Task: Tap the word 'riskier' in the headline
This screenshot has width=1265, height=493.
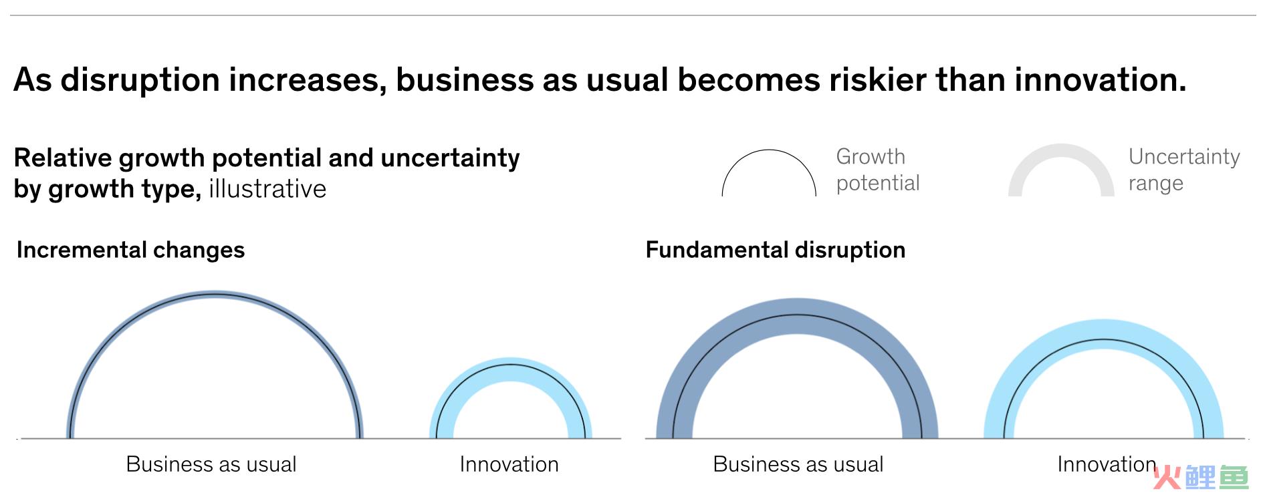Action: (877, 79)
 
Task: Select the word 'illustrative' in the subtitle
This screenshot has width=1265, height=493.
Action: (267, 189)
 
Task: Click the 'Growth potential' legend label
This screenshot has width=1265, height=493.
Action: (878, 170)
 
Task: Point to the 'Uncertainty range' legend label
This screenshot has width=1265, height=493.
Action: (1184, 170)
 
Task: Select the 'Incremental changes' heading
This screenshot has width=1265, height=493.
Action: (130, 250)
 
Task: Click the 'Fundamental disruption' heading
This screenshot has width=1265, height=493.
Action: (776, 250)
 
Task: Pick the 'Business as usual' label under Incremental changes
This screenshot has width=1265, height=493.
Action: (211, 464)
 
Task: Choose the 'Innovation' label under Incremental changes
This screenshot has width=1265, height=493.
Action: (509, 464)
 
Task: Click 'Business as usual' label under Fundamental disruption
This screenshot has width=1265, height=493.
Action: (798, 464)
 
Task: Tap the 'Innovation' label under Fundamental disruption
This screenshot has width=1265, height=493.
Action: (1107, 464)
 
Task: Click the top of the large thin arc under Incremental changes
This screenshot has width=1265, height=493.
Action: (215, 293)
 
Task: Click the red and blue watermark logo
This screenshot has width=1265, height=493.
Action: (1201, 477)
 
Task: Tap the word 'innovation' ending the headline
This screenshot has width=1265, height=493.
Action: (1101, 79)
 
